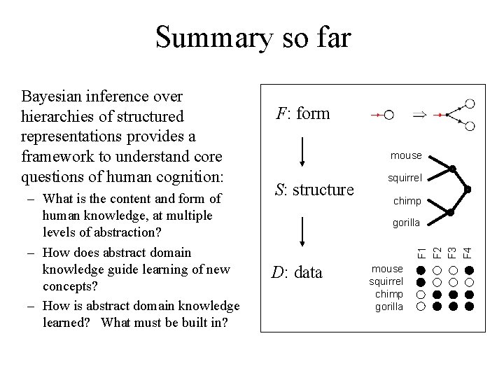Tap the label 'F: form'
click(x=302, y=113)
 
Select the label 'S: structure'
click(x=314, y=190)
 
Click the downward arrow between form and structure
click(x=302, y=153)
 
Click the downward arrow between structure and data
click(x=302, y=232)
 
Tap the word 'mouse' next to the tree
click(x=406, y=155)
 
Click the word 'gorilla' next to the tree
click(x=406, y=223)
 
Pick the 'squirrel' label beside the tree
click(x=406, y=178)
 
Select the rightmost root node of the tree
click(x=469, y=190)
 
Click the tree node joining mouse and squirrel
click(x=452, y=168)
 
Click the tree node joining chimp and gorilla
click(x=452, y=212)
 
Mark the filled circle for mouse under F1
click(x=421, y=269)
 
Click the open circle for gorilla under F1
click(x=421, y=306)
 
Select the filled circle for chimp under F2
click(x=437, y=294)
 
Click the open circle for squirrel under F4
click(x=469, y=282)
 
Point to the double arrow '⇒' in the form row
click(x=419, y=114)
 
